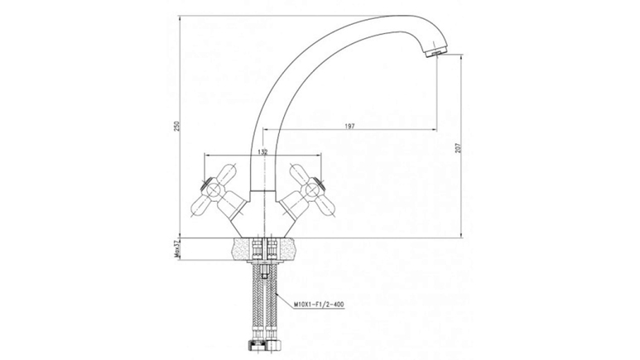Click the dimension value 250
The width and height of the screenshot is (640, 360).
click(x=176, y=126)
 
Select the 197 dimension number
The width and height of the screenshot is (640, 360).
click(x=349, y=126)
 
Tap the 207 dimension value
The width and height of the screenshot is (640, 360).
click(x=458, y=148)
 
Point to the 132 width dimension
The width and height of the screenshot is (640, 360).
click(x=262, y=151)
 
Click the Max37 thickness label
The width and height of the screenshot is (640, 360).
click(x=176, y=249)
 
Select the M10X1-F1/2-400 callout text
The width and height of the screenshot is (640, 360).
click(x=319, y=305)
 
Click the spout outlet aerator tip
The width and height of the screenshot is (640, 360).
click(x=436, y=53)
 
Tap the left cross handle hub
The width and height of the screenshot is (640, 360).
click(x=213, y=188)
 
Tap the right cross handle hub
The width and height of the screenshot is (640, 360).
click(x=311, y=188)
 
